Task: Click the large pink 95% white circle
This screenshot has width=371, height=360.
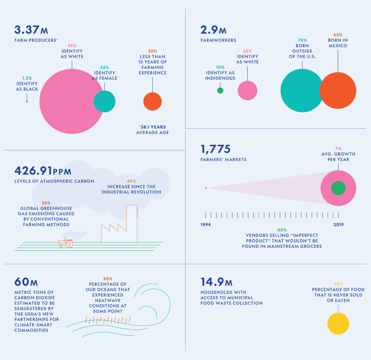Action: (x=68, y=101)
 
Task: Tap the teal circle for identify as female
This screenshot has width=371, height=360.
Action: (x=105, y=101)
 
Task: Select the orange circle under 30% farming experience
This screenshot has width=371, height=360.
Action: (x=153, y=101)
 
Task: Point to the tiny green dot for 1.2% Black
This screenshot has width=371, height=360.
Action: (x=27, y=101)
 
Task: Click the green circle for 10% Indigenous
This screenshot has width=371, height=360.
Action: (x=220, y=90)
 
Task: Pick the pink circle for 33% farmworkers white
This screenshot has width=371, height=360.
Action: (x=247, y=90)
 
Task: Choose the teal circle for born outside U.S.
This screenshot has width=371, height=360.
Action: (x=300, y=90)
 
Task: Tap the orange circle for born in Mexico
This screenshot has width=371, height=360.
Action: (x=338, y=90)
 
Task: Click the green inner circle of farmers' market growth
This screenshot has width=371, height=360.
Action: (x=338, y=188)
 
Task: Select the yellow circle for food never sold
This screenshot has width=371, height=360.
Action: (x=338, y=323)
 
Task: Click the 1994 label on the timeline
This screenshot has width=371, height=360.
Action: (x=206, y=225)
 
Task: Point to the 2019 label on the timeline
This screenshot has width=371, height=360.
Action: (x=338, y=225)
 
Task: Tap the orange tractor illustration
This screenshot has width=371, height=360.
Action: (x=66, y=243)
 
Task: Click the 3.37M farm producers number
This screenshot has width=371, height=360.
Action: (x=31, y=30)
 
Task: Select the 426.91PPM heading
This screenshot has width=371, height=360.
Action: (x=43, y=171)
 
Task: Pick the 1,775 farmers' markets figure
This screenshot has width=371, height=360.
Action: (x=215, y=149)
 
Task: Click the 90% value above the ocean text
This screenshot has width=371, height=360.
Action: (x=108, y=279)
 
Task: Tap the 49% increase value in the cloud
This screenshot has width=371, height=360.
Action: (x=131, y=181)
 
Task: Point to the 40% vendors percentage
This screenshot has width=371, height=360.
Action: (x=282, y=230)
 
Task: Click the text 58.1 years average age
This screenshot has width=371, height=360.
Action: (x=153, y=130)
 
